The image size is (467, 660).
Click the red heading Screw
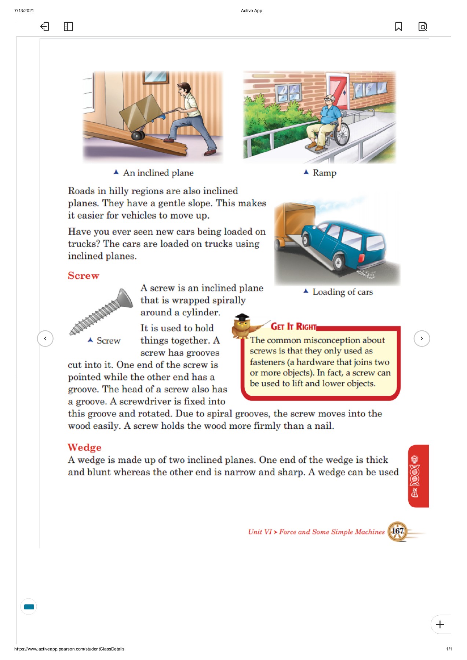84,276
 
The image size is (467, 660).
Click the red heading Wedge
84,447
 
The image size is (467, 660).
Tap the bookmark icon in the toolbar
398,26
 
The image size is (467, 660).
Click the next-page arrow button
422,338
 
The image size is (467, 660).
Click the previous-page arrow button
45,338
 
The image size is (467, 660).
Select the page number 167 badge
397,531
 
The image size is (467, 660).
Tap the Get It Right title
293,326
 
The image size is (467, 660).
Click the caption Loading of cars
342,292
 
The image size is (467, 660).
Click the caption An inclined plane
158,173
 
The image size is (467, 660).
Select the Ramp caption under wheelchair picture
324,173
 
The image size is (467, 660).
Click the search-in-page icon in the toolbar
423,26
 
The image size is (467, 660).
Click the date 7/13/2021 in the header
24,11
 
